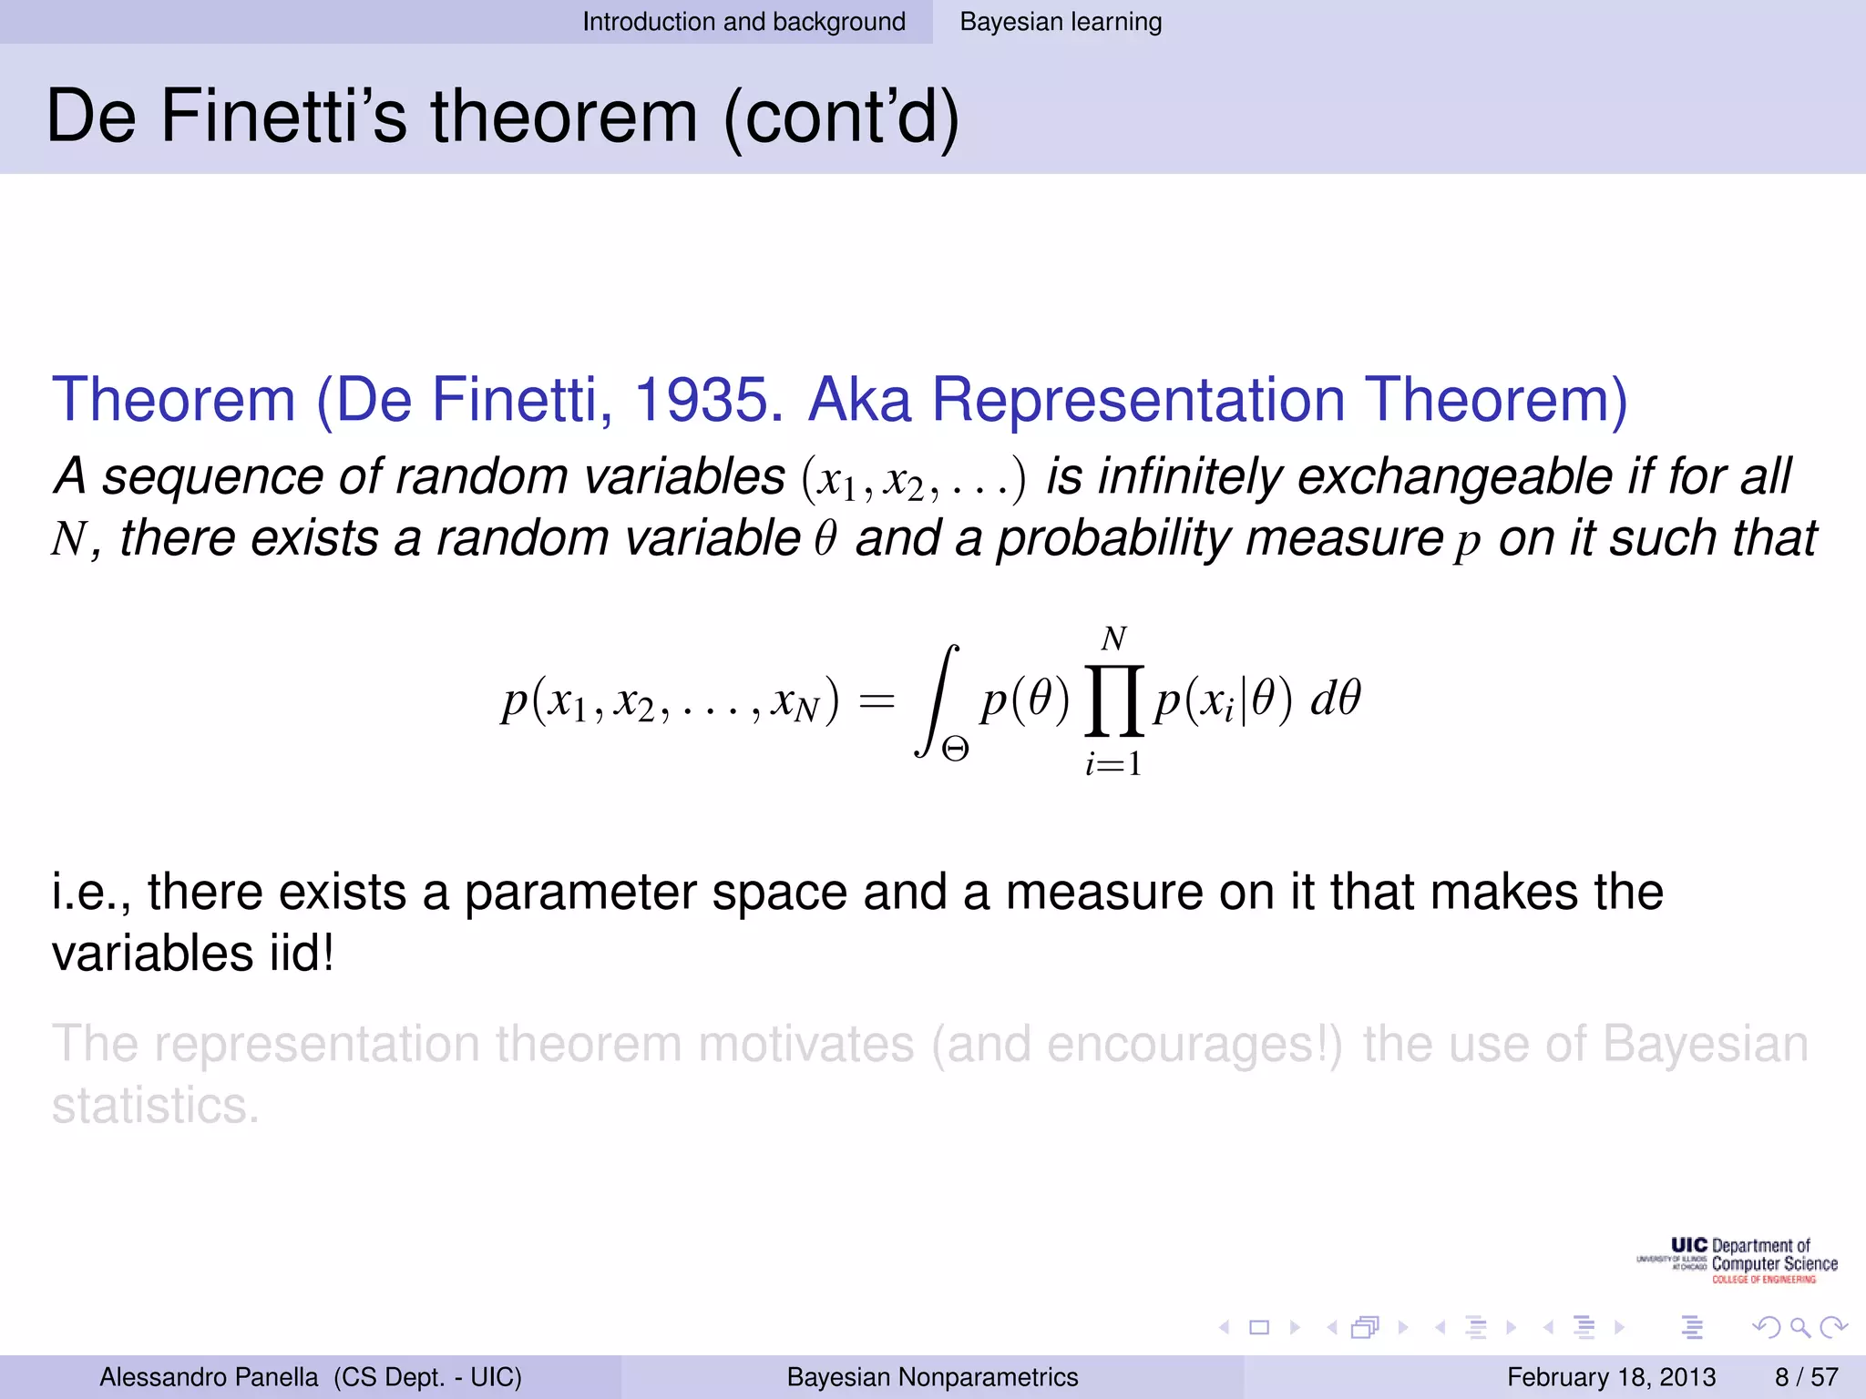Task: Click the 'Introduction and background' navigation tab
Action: point(743,22)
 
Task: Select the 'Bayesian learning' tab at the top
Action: point(1061,22)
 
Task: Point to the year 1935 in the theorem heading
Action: point(707,400)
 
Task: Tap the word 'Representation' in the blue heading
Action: point(1138,400)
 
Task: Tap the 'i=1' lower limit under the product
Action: point(1113,764)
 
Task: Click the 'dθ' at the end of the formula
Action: point(1335,699)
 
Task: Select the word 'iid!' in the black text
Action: point(302,954)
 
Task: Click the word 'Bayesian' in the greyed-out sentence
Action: point(1705,1044)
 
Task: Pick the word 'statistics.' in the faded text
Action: point(156,1106)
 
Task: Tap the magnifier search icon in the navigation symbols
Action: point(1799,1328)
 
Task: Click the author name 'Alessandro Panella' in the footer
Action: point(209,1377)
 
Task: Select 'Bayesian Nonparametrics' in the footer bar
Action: point(932,1377)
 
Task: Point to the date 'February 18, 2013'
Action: point(1611,1377)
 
